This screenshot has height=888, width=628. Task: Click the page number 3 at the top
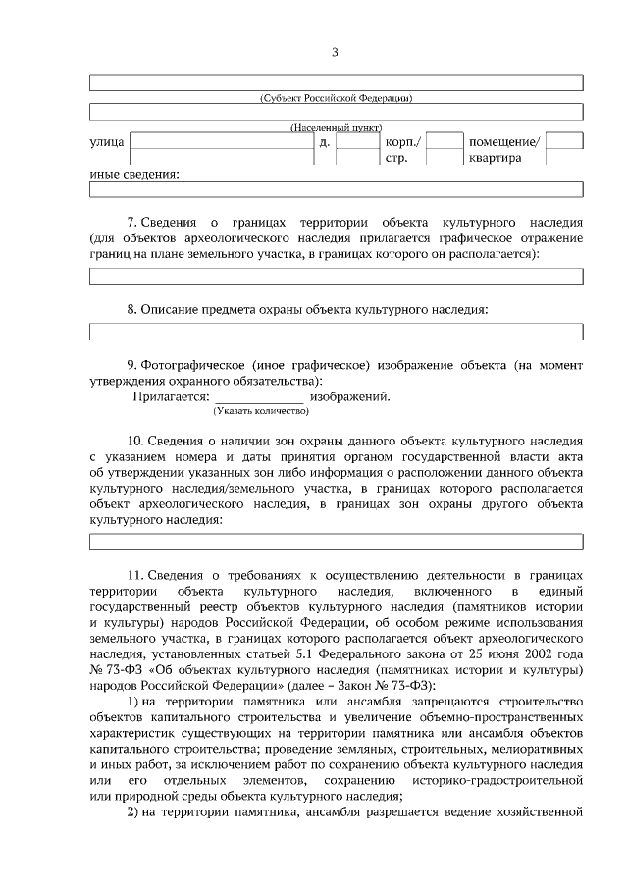click(x=335, y=52)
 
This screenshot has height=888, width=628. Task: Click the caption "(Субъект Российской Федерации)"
click(x=336, y=97)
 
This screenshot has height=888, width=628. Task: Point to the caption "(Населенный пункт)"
click(x=336, y=128)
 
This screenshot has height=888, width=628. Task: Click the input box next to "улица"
click(x=217, y=142)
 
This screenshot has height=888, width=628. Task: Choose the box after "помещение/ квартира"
click(x=564, y=142)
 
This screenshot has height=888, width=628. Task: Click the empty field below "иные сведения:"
click(x=336, y=188)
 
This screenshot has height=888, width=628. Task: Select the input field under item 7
click(x=336, y=276)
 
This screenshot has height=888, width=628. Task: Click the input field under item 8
click(x=336, y=331)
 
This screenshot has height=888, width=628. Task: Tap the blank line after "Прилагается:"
click(x=259, y=397)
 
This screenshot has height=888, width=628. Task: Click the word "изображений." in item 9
click(x=350, y=396)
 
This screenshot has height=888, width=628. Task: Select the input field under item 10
click(x=336, y=542)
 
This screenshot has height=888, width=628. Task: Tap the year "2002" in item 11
click(x=540, y=653)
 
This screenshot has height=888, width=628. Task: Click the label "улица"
click(x=106, y=142)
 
